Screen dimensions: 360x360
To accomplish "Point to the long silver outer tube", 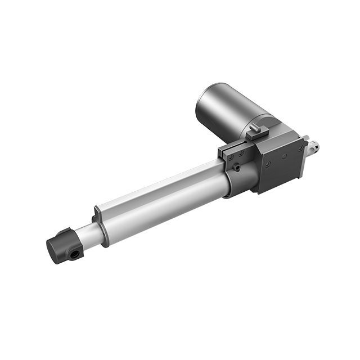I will [x=163, y=197].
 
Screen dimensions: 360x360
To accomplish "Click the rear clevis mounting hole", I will [x=314, y=147].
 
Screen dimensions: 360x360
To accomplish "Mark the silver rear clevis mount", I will [x=312, y=147].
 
